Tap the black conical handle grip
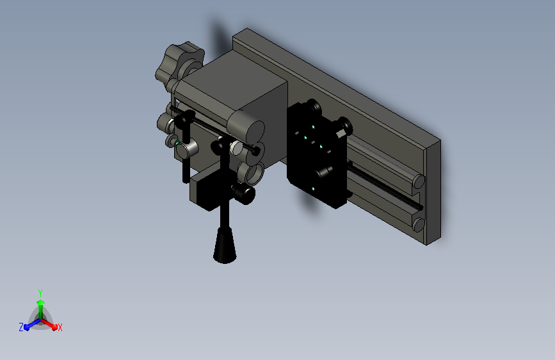pos(225,245)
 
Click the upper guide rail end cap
pos(419,181)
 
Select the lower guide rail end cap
pos(419,225)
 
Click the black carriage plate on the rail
pos(316,156)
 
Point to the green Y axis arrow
pos(41,309)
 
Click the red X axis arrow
pos(49,324)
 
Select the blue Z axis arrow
pos(32,324)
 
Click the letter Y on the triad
pos(40,293)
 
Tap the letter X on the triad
pos(60,328)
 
